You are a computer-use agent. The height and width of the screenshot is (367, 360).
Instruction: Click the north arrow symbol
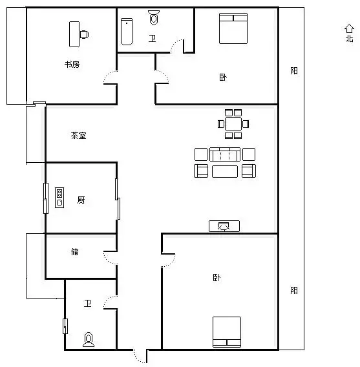(x=349, y=28)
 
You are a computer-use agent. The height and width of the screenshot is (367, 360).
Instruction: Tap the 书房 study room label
(x=72, y=65)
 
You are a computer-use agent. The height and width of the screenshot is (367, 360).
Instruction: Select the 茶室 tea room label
(x=78, y=136)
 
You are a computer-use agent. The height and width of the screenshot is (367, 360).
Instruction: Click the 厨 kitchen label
(x=81, y=200)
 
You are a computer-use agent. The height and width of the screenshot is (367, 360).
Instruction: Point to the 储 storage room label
(x=75, y=251)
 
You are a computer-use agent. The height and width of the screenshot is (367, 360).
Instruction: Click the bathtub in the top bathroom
(x=127, y=32)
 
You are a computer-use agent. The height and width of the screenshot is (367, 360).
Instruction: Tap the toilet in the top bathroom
(x=154, y=17)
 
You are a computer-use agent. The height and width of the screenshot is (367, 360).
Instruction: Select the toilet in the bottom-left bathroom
(x=89, y=339)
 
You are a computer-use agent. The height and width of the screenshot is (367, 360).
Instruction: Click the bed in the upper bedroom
(x=233, y=28)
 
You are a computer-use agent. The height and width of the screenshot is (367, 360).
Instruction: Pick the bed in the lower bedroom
(x=227, y=332)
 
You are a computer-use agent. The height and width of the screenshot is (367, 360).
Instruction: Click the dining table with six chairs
(x=233, y=124)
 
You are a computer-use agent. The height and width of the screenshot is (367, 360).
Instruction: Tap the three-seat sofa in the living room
(x=225, y=154)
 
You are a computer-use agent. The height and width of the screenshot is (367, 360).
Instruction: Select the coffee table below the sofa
(x=225, y=171)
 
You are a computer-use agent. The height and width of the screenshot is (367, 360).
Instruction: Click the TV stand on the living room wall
(x=224, y=226)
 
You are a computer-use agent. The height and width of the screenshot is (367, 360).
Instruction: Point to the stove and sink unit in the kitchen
(x=59, y=198)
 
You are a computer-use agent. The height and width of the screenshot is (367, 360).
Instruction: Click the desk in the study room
(x=74, y=34)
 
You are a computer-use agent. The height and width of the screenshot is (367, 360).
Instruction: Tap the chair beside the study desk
(x=84, y=34)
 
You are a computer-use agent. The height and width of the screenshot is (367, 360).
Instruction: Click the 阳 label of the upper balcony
(x=294, y=70)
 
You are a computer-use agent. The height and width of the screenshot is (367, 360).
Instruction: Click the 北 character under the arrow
(x=349, y=38)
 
